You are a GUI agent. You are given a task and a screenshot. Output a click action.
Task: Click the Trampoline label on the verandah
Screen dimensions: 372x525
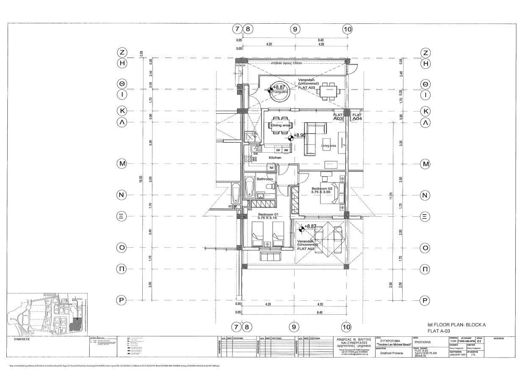tap(280, 92)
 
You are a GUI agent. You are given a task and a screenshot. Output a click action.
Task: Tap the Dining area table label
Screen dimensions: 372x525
tap(280, 125)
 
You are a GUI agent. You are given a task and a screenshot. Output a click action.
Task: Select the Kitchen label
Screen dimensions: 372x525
tap(275, 158)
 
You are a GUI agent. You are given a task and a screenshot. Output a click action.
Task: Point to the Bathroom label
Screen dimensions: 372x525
tap(265, 179)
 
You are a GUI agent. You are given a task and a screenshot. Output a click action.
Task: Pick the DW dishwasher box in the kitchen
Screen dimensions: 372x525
tap(278, 150)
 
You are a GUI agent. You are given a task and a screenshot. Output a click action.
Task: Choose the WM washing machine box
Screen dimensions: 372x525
tap(286, 150)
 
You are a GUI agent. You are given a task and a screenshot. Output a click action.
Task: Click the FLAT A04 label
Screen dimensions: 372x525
tap(357, 117)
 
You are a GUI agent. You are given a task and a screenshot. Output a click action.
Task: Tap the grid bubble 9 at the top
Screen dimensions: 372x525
tap(295, 29)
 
